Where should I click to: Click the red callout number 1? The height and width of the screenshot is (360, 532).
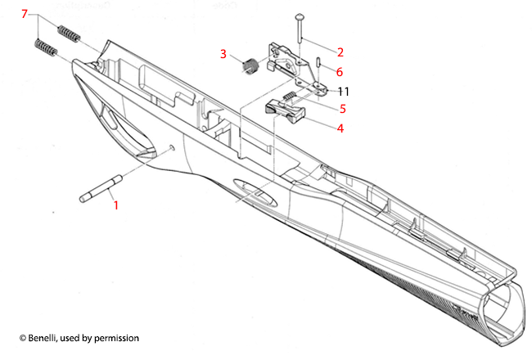[x=115, y=205]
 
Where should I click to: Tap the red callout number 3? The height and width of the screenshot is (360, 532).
[x=223, y=54]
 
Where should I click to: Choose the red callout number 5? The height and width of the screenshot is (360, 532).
[x=344, y=108]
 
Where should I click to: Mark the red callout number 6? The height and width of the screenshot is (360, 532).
[x=340, y=72]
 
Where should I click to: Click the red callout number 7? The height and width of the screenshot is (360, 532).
[x=24, y=15]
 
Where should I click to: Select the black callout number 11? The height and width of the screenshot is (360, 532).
[x=344, y=90]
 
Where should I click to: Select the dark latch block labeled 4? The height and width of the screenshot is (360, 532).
[x=285, y=112]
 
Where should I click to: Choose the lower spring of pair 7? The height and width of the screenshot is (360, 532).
[x=46, y=48]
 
